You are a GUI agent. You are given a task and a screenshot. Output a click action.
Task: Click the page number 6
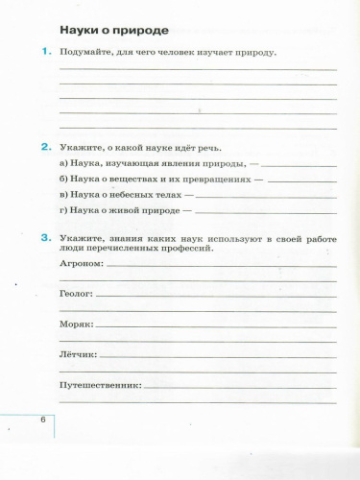[x=42, y=421]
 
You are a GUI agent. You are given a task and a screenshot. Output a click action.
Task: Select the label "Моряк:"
[x=76, y=325]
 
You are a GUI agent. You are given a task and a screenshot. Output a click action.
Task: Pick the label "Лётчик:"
[x=78, y=355]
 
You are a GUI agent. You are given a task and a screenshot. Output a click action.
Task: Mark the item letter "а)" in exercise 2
[x=63, y=164]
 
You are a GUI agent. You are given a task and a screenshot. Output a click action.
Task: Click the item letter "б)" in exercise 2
[x=63, y=179]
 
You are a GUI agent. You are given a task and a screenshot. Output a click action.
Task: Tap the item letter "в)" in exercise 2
[x=63, y=194]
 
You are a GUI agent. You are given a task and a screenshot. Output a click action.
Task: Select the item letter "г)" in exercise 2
[x=63, y=209]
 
